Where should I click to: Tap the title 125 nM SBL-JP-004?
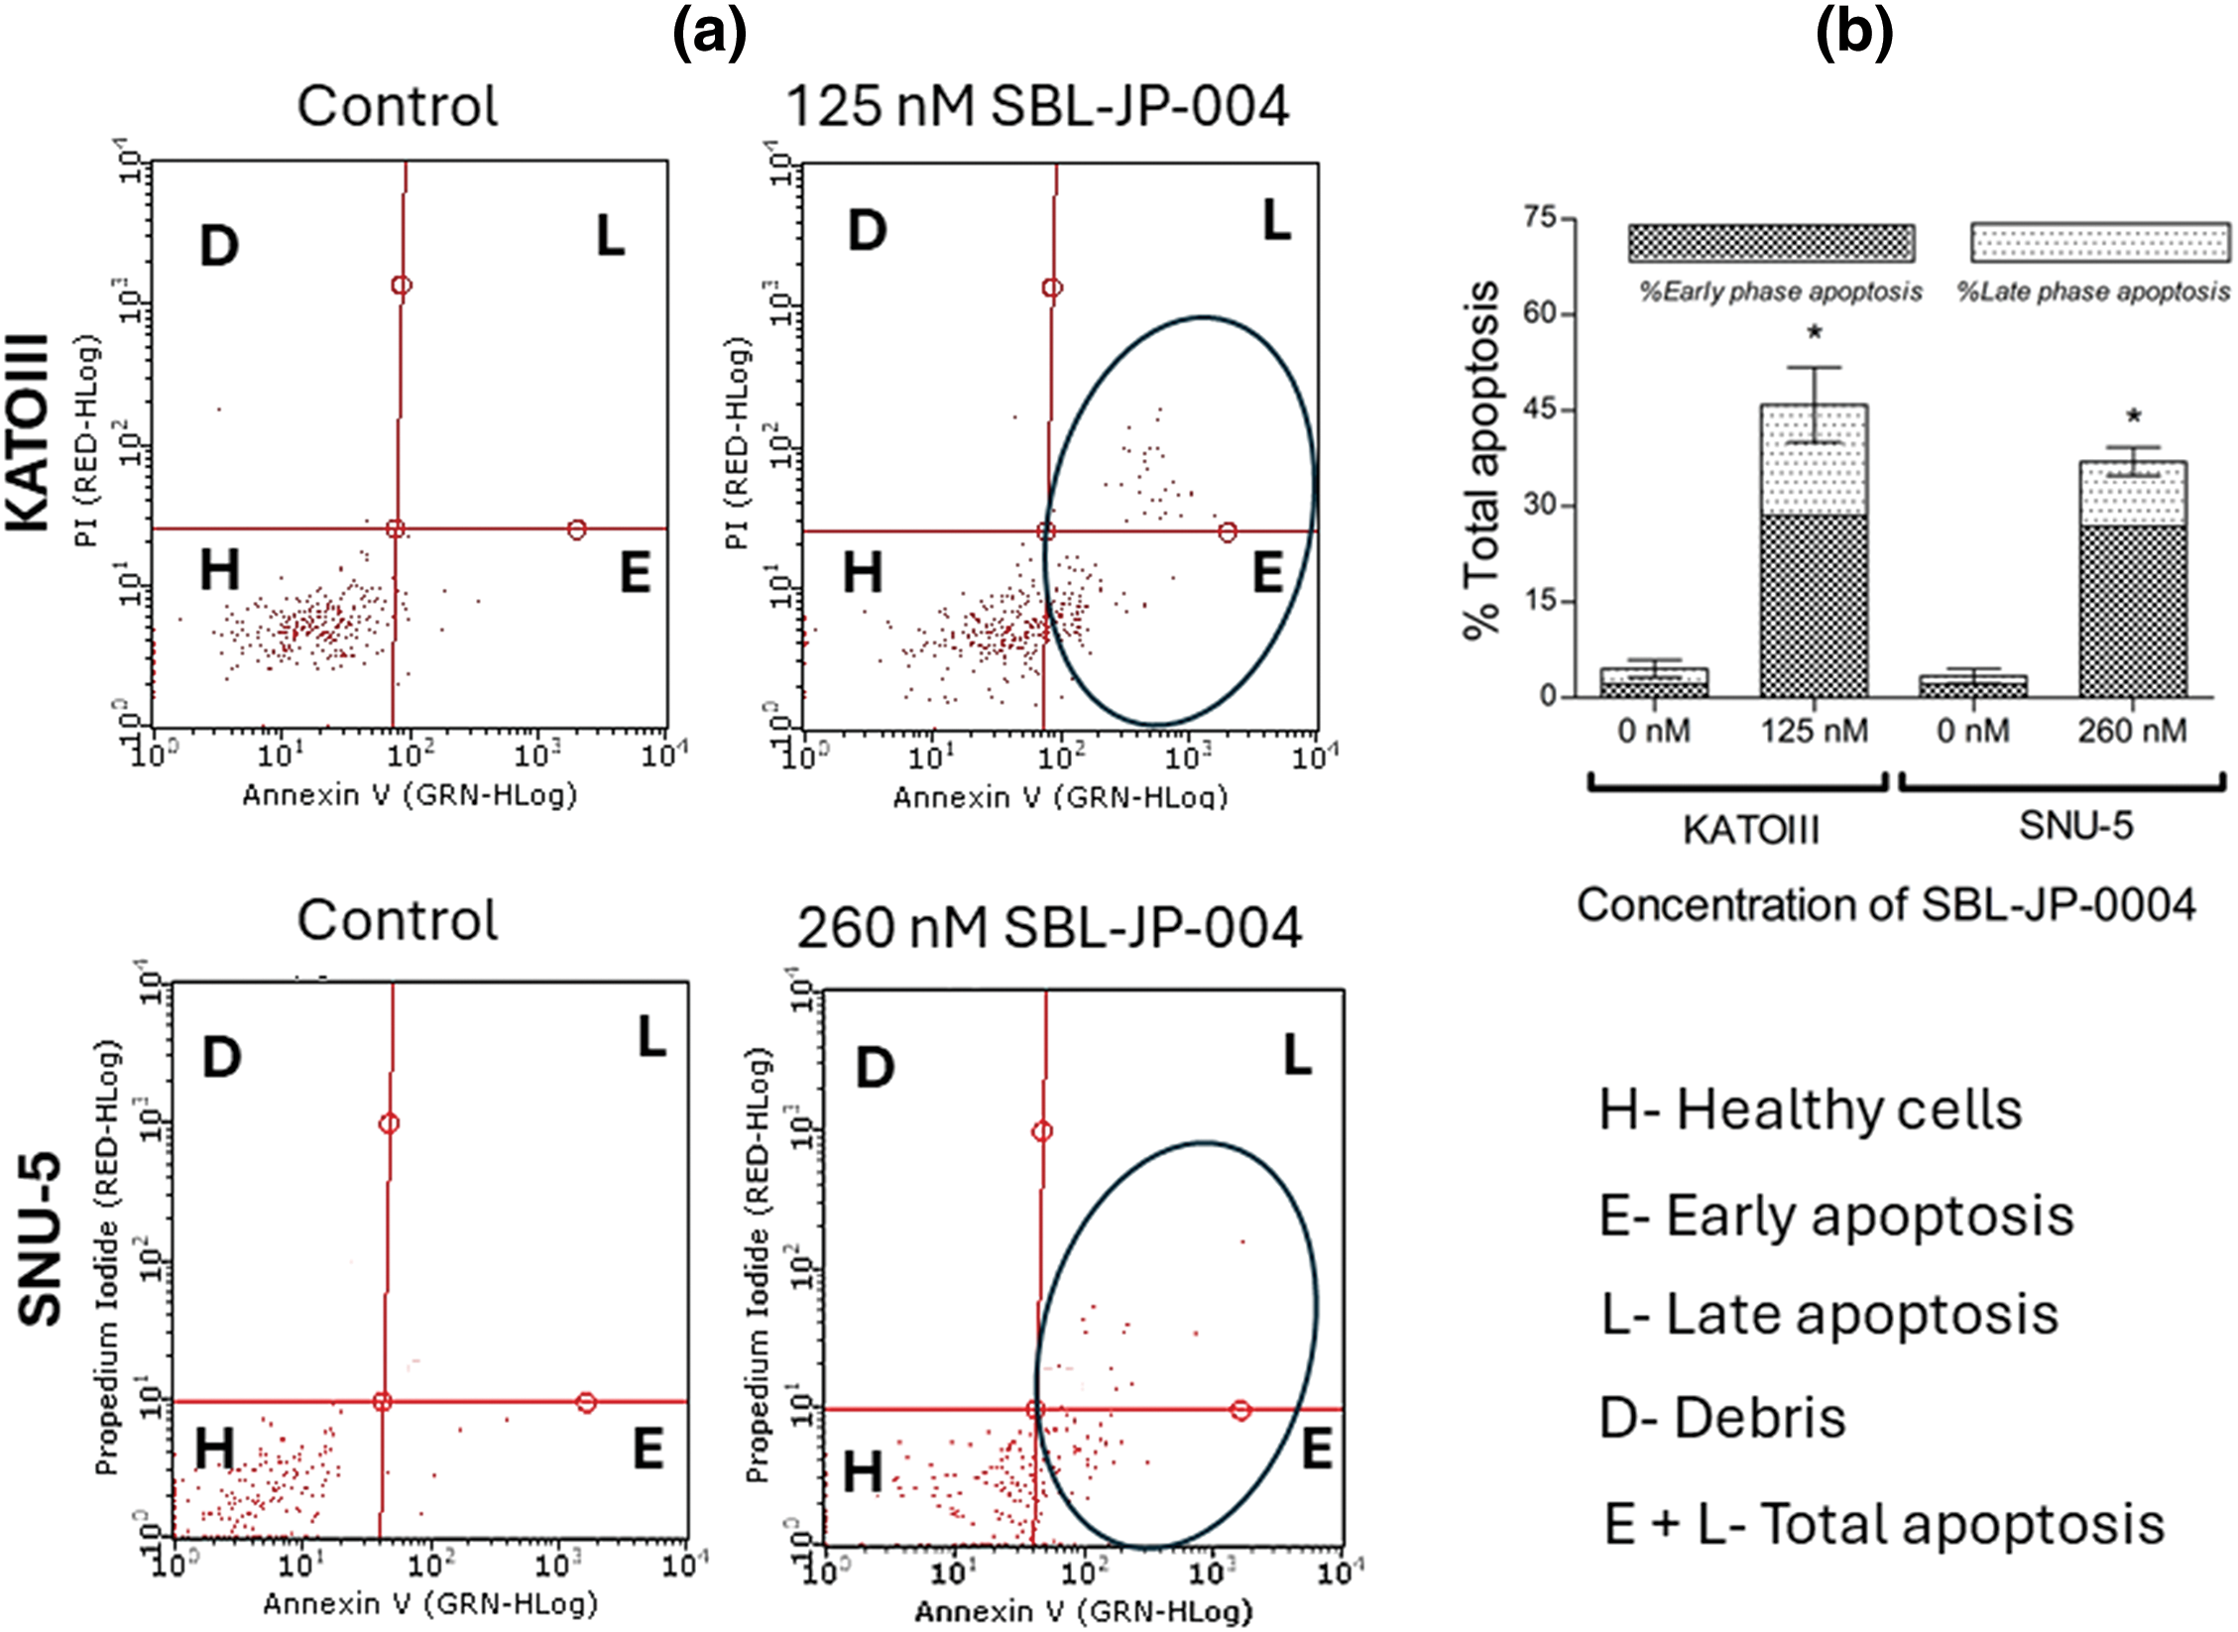coord(1037,106)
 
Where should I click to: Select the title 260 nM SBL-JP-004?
coord(1049,928)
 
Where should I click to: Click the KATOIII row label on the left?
coord(30,432)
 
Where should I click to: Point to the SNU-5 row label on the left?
coord(40,1239)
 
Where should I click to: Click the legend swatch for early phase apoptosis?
coord(1771,243)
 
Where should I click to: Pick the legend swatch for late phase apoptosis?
coord(2100,243)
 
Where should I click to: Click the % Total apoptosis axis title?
coord(1481,460)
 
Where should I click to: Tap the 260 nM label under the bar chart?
coord(2132,732)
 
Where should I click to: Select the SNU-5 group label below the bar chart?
coord(2075,825)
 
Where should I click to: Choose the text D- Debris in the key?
coord(1722,1418)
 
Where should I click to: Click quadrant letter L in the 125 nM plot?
coord(1276,220)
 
